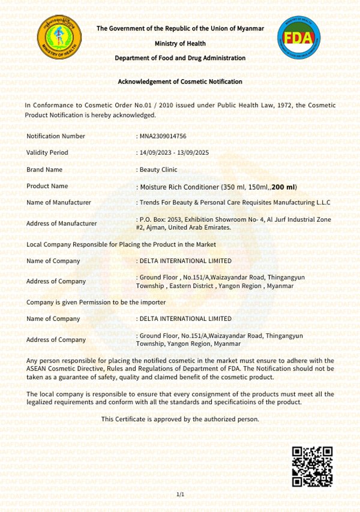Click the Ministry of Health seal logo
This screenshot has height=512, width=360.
click(x=58, y=38)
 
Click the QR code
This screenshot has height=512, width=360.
click(x=312, y=466)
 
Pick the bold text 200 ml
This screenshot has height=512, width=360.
click(x=284, y=187)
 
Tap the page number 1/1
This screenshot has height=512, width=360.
click(x=181, y=494)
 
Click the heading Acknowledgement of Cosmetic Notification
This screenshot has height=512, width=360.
click(x=180, y=82)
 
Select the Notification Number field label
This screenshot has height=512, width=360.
click(x=56, y=136)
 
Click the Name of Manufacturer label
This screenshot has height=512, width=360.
click(x=59, y=203)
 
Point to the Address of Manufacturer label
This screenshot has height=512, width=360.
click(x=62, y=224)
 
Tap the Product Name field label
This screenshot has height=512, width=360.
click(x=47, y=186)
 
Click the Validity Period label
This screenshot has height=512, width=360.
click(x=47, y=153)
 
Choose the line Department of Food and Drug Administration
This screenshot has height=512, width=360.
click(x=180, y=58)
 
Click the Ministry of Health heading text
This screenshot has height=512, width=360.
click(x=180, y=43)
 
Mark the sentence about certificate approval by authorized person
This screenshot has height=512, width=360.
click(x=180, y=419)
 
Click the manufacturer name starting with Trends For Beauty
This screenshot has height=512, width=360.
click(x=236, y=203)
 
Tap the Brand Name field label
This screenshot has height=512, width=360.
click(x=44, y=170)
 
